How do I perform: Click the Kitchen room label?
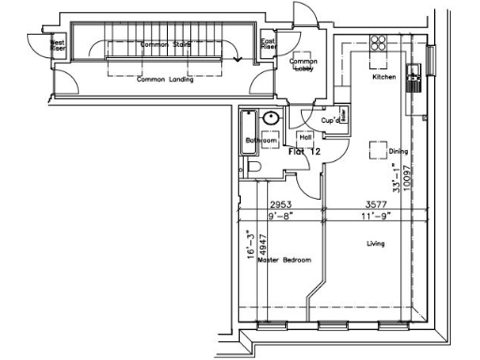click(384, 78)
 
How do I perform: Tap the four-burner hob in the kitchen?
click(381, 42)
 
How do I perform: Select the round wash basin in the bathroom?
click(271, 119)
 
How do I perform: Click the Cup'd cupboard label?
click(330, 120)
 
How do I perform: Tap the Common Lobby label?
click(303, 66)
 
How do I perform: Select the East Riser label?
click(267, 44)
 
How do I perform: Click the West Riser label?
click(57, 44)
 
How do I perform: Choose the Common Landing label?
click(165, 80)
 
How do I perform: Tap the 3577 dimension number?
click(375, 204)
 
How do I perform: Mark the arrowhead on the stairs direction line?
click(238, 59)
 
